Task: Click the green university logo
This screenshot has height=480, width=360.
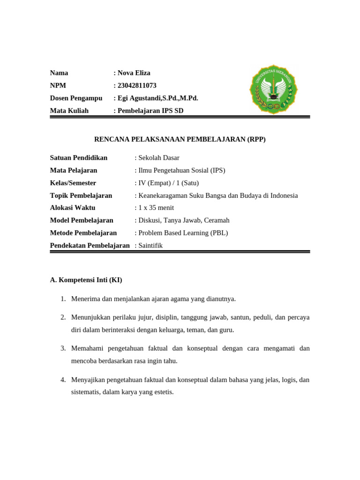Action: (x=274, y=90)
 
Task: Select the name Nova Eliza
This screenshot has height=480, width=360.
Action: (x=134, y=73)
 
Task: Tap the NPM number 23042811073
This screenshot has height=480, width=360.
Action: (x=136, y=85)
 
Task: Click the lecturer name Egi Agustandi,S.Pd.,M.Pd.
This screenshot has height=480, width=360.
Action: (x=157, y=98)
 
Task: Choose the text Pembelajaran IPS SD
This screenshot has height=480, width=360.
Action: (x=150, y=111)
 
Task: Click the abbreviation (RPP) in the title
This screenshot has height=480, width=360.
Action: (x=256, y=139)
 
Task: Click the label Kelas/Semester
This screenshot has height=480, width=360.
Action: (x=73, y=183)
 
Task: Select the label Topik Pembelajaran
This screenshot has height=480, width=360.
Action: (x=81, y=195)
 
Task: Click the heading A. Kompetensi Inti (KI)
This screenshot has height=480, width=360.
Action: (x=86, y=280)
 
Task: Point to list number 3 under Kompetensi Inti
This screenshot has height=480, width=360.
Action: (x=63, y=348)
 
